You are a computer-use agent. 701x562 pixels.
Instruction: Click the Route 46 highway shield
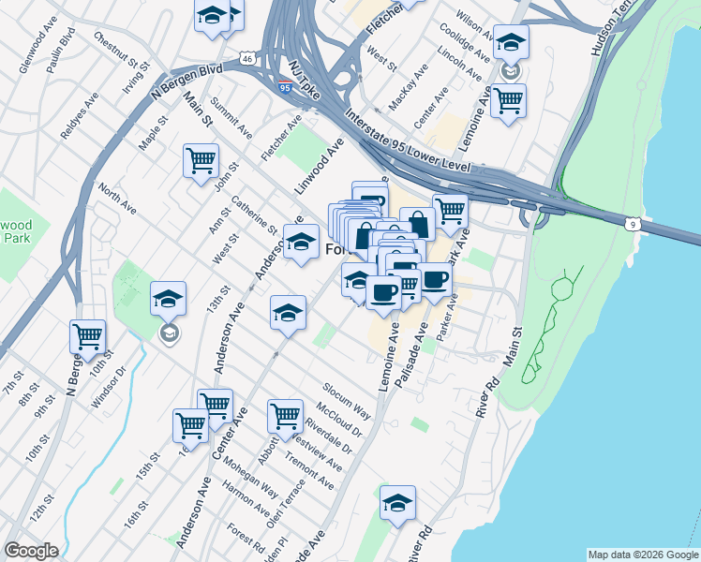tap(246, 58)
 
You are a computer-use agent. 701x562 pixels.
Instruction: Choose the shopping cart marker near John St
tap(201, 161)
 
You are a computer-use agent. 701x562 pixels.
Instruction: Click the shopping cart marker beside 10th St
tap(87, 336)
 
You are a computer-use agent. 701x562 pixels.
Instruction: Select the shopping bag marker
tap(418, 224)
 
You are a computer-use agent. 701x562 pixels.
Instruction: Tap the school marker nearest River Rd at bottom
tap(397, 502)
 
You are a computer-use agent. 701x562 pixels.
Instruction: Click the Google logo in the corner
tap(31, 551)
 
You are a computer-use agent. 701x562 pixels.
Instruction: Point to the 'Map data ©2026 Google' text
tap(642, 555)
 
